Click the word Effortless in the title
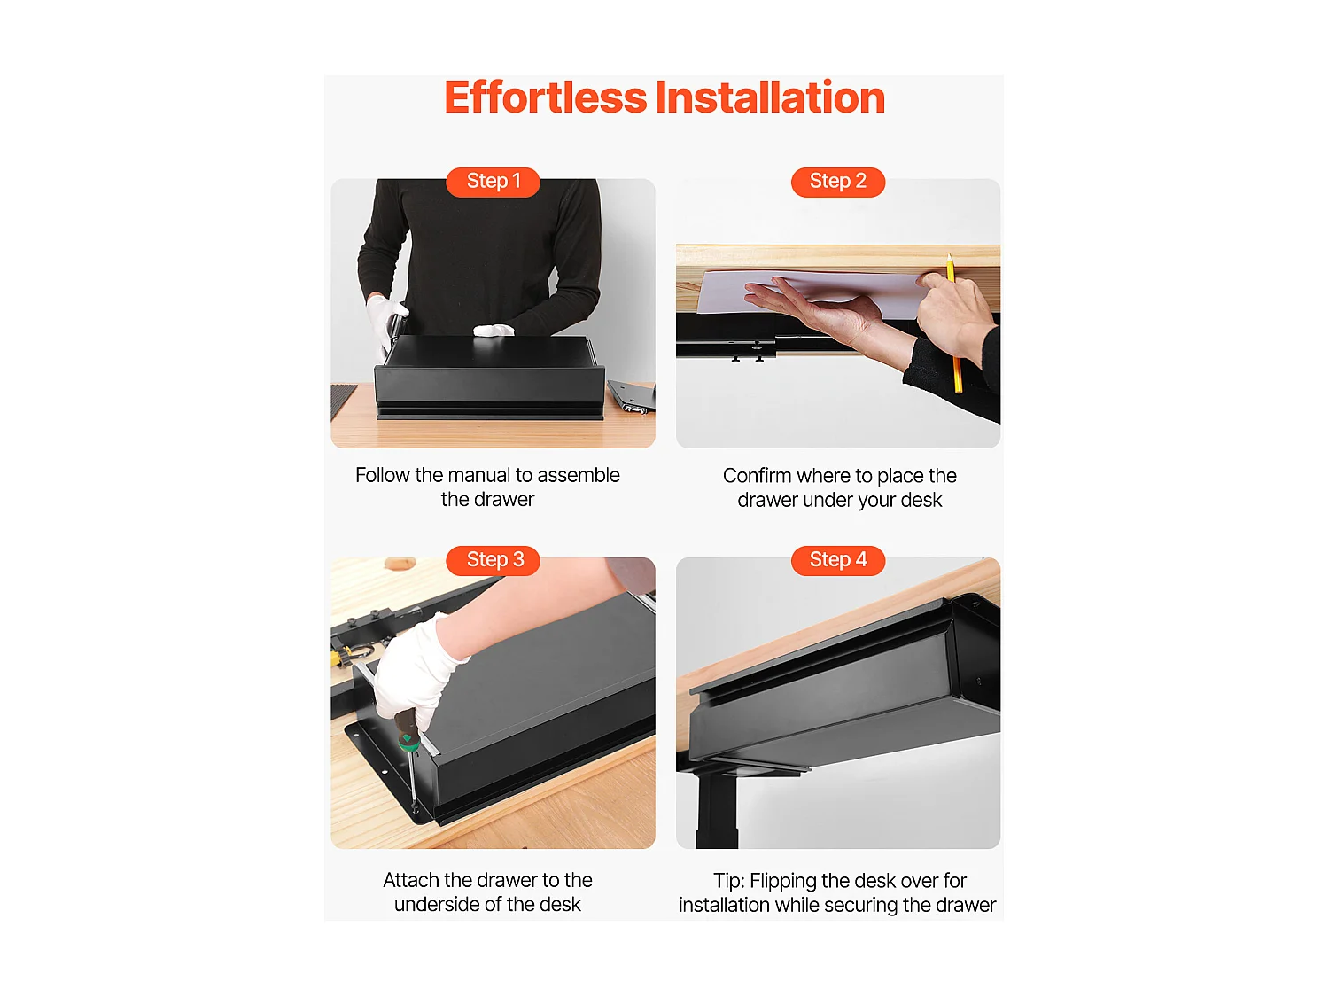[545, 97]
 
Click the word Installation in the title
[770, 97]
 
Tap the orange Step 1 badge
[493, 182]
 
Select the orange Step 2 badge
[837, 182]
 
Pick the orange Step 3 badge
[493, 560]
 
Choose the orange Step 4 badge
[837, 560]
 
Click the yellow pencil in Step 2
[953, 323]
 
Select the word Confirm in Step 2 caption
[757, 476]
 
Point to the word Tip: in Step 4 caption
[728, 881]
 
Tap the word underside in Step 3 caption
[447, 904]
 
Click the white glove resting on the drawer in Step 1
[494, 330]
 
